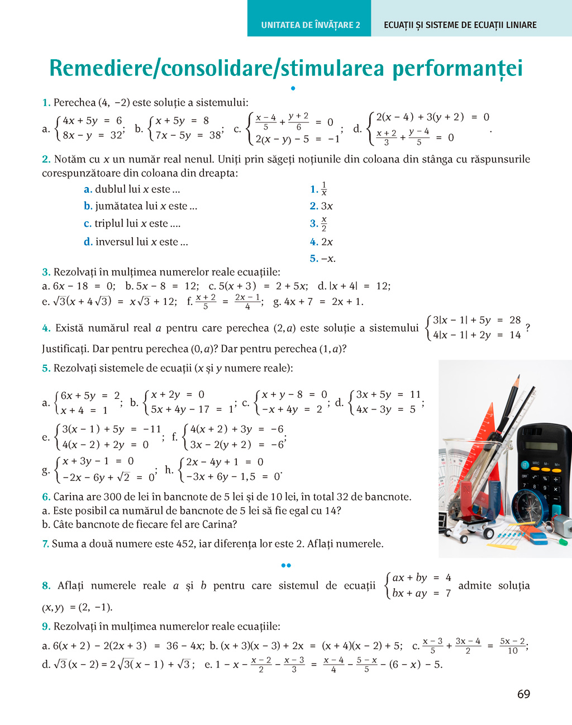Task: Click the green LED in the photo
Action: point(564,541)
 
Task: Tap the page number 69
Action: point(523,694)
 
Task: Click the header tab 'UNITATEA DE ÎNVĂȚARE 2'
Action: point(310,25)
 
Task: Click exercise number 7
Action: point(45,544)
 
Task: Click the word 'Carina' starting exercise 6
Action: point(69,497)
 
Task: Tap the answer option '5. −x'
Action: point(322,259)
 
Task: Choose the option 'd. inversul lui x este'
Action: point(136,242)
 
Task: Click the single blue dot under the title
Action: point(293,88)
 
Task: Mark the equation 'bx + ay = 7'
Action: point(421,593)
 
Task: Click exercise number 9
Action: point(45,627)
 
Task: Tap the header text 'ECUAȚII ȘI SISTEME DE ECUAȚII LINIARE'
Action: point(460,25)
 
